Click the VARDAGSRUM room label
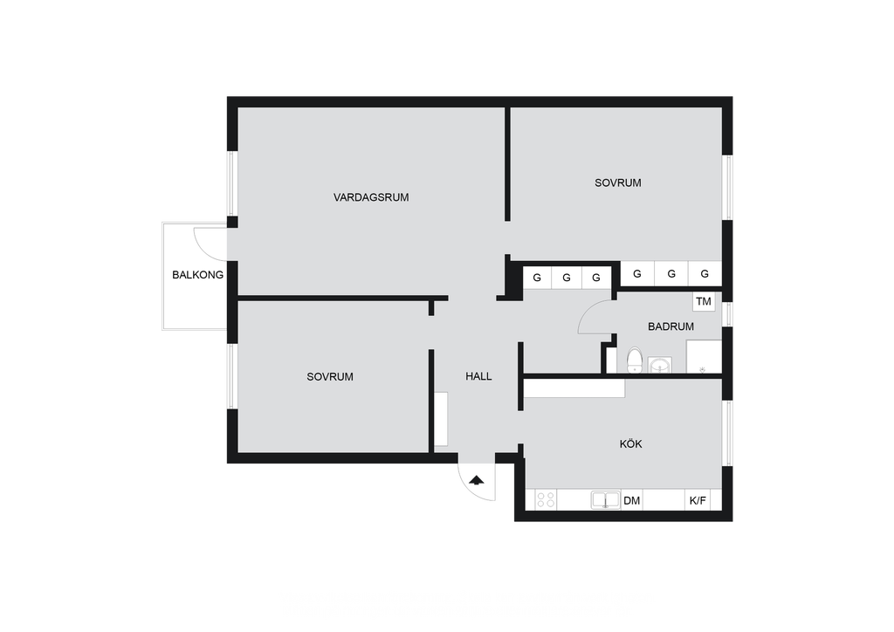point(371,197)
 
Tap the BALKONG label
point(198,275)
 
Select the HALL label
point(478,376)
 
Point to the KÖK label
point(630,443)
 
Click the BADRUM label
point(670,326)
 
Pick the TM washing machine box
point(704,301)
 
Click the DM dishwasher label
point(632,501)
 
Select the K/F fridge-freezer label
point(698,501)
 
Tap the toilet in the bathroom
point(634,361)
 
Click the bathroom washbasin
point(660,365)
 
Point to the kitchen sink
point(605,500)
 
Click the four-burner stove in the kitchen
point(546,500)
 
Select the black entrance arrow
point(477,480)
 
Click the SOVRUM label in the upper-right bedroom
point(617,183)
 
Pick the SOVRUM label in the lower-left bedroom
point(329,377)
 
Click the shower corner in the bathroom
point(704,357)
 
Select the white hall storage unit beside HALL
point(441,419)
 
